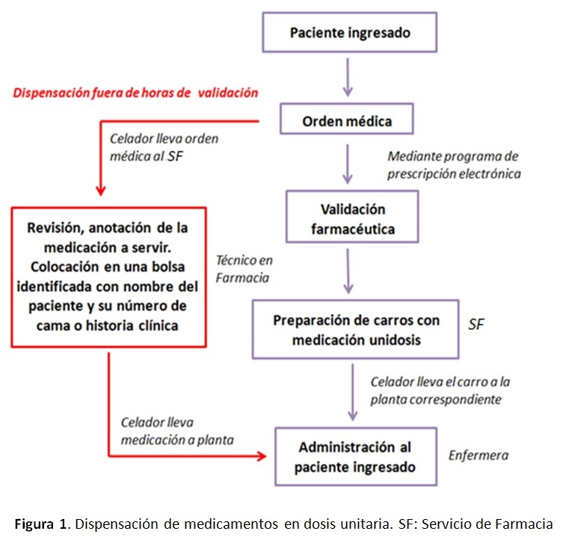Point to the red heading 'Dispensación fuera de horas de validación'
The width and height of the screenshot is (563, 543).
tap(135, 93)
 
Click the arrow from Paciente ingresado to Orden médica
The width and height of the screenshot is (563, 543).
tap(348, 77)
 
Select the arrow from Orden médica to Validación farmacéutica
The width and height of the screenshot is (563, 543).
tap(347, 164)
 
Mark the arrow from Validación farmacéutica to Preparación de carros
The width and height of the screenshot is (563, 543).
tap(348, 271)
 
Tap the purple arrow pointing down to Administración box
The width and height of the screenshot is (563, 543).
tap(353, 392)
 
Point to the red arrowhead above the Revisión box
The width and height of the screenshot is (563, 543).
tap(101, 190)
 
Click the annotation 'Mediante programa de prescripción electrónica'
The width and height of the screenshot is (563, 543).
tap(454, 165)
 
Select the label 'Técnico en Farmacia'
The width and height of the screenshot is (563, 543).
tap(244, 269)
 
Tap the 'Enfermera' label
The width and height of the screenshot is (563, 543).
tap(479, 455)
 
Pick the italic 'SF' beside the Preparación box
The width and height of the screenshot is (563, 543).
tap(476, 325)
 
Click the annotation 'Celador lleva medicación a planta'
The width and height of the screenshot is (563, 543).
tap(177, 431)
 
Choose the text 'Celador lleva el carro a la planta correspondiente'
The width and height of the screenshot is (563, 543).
tap(440, 390)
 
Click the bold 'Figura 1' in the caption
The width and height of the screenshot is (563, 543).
tap(40, 524)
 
